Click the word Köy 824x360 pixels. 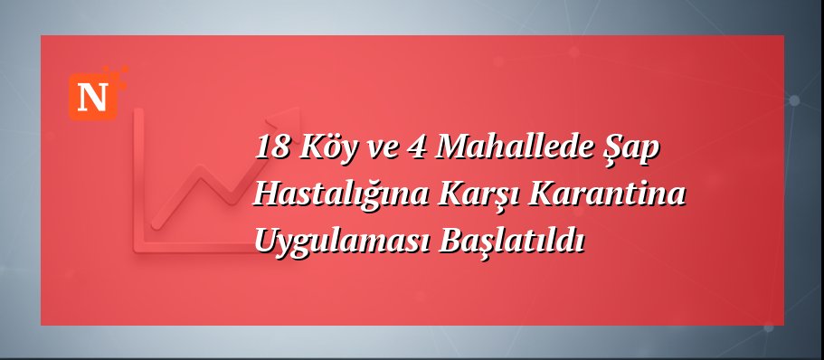[321, 147]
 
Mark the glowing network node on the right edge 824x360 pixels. [795, 100]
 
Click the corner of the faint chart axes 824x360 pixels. [138, 246]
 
